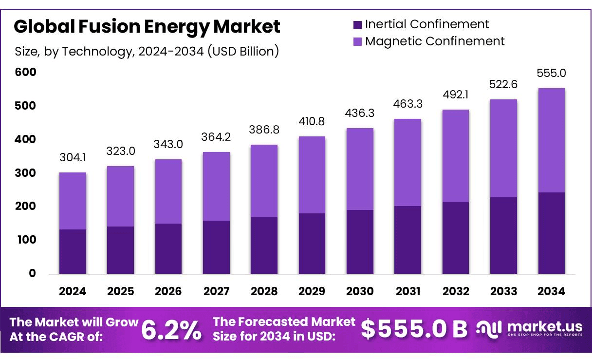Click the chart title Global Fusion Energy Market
pos(147,26)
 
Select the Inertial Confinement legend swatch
pos(358,24)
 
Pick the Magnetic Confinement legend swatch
pos(358,41)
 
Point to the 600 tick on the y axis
pos(25,72)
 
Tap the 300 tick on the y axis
pos(25,173)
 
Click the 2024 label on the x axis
pos(73,291)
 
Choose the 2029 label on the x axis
pos(312,291)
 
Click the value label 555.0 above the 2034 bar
pos(551,73)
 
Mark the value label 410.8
pos(312,121)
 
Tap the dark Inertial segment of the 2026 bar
pos(168,248)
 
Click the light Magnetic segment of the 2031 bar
pos(408,162)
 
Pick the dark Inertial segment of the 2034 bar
pos(551,233)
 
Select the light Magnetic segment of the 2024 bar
pos(73,201)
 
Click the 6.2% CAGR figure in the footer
pos(171,330)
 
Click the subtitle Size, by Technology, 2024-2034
pos(147,51)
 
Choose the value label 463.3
pos(408,103)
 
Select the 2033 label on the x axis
pos(503,291)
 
